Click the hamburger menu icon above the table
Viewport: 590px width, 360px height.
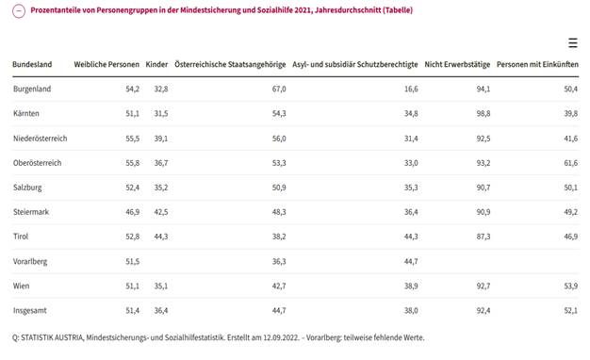point(573,43)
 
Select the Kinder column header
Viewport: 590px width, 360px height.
point(156,64)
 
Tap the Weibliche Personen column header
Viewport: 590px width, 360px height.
point(107,64)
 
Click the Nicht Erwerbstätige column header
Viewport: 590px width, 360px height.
point(457,64)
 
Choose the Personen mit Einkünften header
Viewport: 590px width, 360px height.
point(537,64)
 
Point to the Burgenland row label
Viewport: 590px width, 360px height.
point(33,89)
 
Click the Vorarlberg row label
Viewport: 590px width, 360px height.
point(32,260)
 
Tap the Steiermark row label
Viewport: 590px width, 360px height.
point(32,211)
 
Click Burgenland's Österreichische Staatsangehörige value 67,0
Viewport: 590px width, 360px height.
point(278,89)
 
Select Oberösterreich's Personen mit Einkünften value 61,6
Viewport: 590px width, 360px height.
point(569,162)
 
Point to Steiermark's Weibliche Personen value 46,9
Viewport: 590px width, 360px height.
point(132,211)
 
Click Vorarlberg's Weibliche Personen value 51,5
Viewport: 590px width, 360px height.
point(132,260)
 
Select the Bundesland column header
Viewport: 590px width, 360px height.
point(32,64)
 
